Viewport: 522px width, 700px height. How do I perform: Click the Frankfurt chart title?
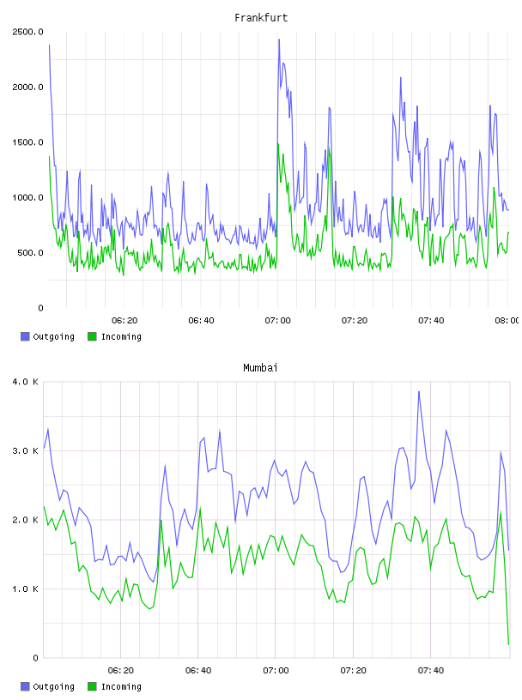tap(261, 18)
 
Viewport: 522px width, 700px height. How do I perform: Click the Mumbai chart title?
tap(260, 368)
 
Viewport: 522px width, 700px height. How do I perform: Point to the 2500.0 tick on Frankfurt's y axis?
tap(27, 32)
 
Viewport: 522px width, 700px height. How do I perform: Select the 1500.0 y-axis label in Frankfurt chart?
tap(27, 142)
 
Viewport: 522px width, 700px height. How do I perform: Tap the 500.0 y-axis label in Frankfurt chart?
tap(30, 253)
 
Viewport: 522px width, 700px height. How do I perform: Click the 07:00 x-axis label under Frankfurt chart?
tap(277, 321)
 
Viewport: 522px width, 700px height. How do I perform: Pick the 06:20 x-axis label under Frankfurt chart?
tap(124, 321)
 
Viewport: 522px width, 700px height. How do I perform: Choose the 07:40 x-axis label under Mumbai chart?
tap(431, 671)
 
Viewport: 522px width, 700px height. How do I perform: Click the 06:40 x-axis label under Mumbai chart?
tap(198, 671)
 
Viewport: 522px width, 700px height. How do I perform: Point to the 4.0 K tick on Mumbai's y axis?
tap(25, 382)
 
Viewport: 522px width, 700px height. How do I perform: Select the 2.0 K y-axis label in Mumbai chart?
tap(25, 520)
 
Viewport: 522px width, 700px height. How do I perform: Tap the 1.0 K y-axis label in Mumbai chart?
tap(25, 588)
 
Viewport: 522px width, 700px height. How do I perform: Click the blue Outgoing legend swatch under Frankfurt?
tap(25, 336)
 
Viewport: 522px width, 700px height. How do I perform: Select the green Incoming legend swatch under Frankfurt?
tap(92, 336)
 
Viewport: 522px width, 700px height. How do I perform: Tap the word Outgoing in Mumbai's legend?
tap(53, 686)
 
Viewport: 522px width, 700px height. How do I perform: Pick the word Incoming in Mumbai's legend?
tap(121, 686)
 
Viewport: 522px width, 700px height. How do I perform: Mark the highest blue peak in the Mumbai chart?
tap(419, 392)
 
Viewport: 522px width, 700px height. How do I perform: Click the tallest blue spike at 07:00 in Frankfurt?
tap(279, 39)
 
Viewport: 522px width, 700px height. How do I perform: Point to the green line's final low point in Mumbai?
tap(508, 644)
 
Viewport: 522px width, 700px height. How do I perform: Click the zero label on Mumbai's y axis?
tap(36, 658)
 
